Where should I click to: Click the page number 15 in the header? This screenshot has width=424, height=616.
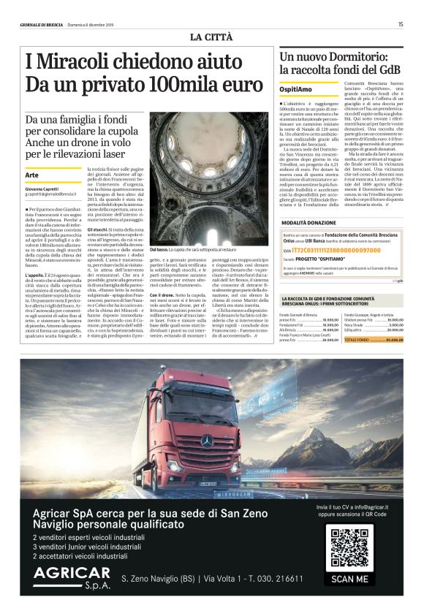pyautogui.click(x=400, y=24)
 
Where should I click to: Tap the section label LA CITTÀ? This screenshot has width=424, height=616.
pyautogui.click(x=213, y=37)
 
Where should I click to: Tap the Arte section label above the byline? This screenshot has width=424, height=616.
pyautogui.click(x=31, y=175)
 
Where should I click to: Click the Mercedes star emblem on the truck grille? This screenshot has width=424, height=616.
pyautogui.click(x=207, y=440)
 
